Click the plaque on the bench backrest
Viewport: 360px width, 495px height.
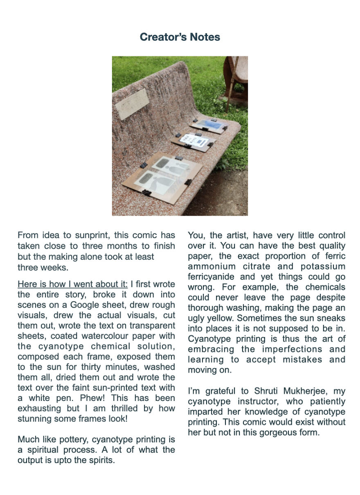coord(132,103)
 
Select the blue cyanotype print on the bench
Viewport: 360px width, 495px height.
coord(209,124)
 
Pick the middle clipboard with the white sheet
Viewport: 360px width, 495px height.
coord(193,140)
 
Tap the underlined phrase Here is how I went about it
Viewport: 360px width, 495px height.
coord(72,284)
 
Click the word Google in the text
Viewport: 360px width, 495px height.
coord(87,305)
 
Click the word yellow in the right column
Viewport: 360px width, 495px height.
coord(221,318)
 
